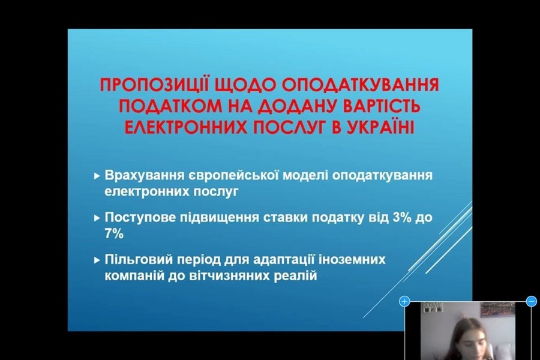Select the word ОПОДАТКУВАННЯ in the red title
361,85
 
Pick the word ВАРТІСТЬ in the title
381,106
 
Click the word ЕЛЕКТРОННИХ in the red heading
185,127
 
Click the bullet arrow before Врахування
97,176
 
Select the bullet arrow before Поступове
97,218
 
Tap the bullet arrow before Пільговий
97,260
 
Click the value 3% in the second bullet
401,218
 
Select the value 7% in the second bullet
114,234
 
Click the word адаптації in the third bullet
283,260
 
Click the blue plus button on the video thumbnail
404,301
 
